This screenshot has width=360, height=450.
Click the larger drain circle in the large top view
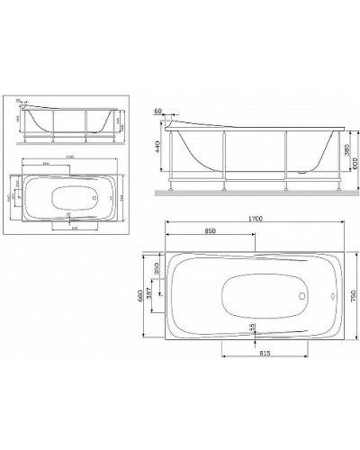[x=300, y=292]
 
